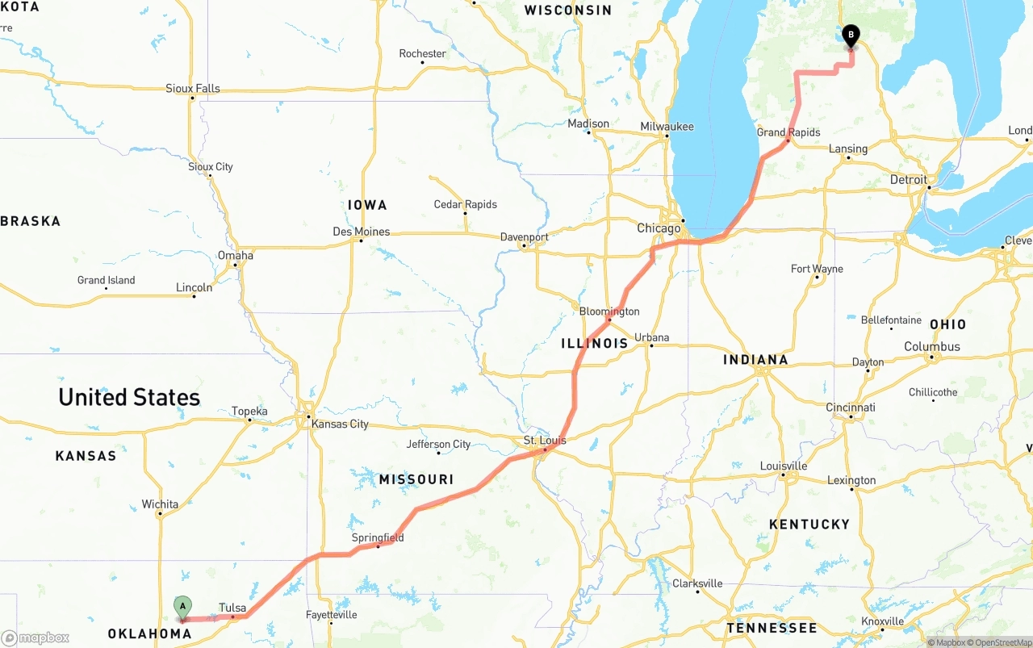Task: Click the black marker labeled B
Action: click(x=851, y=36)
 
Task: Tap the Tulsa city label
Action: click(x=232, y=608)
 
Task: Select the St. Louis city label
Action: click(x=545, y=440)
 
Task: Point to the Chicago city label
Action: click(x=659, y=228)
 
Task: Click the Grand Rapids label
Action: click(x=788, y=132)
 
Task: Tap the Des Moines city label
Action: click(x=361, y=232)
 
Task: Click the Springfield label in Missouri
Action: click(x=377, y=537)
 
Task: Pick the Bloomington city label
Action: click(x=609, y=311)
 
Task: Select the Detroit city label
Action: click(x=908, y=180)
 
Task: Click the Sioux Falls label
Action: click(x=192, y=89)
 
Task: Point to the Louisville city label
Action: click(x=783, y=466)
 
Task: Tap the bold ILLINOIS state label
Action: click(x=594, y=344)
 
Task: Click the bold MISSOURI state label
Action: click(x=416, y=480)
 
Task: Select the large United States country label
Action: click(x=129, y=397)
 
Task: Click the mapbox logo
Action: click(x=36, y=638)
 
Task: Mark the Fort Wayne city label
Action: click(x=817, y=269)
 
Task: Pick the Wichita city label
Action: click(x=160, y=504)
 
